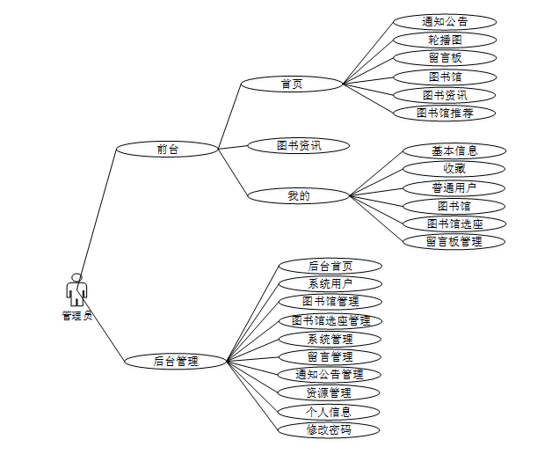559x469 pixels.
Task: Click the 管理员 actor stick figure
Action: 76,289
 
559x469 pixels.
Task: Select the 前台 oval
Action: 167,150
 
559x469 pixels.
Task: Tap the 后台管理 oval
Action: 176,361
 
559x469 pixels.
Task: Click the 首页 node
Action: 292,84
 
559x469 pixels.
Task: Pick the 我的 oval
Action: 299,196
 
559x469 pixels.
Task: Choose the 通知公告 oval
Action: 445,22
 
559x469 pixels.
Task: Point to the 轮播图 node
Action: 445,40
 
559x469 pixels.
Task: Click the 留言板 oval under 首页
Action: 445,58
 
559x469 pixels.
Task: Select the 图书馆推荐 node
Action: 445,114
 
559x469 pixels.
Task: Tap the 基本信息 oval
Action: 454,150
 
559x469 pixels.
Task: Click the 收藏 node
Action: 454,168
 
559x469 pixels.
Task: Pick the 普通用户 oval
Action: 454,187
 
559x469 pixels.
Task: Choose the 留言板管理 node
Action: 454,241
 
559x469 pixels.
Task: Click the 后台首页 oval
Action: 330,266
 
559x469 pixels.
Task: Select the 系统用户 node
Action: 330,283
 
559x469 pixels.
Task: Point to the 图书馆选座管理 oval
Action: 330,320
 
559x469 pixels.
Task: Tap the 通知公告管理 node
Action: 330,375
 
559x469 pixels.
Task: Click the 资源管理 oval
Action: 330,392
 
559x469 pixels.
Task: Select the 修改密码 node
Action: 330,430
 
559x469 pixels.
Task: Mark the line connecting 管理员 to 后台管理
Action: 104,329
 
